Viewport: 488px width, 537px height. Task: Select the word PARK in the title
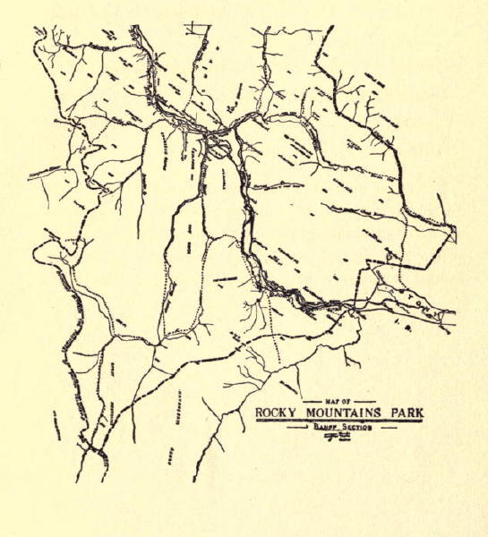tap(403, 413)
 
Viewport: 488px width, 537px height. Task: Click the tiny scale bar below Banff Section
tap(338, 437)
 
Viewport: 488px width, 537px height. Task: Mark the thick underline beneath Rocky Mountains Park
tap(339, 421)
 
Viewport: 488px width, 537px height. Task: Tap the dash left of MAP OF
tap(312, 400)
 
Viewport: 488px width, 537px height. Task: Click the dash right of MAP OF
tap(364, 400)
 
